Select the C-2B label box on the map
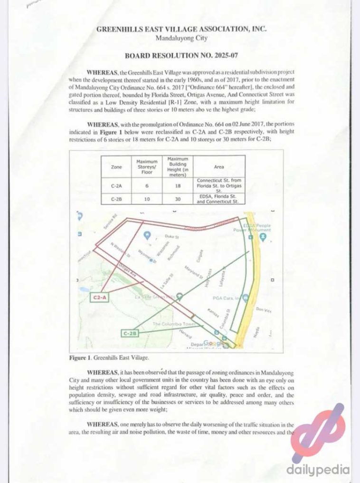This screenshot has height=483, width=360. click(131, 333)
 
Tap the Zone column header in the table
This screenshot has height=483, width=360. click(116, 167)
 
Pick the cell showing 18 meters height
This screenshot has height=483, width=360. click(177, 185)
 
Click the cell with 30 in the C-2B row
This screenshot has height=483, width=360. click(177, 199)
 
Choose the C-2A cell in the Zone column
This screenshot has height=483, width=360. click(116, 185)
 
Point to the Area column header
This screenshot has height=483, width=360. click(219, 167)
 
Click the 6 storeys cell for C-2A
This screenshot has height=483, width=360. click(147, 185)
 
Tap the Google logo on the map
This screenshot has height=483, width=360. click(214, 343)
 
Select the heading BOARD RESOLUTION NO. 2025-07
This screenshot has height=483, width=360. click(181, 56)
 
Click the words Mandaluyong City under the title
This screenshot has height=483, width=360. click(181, 38)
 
